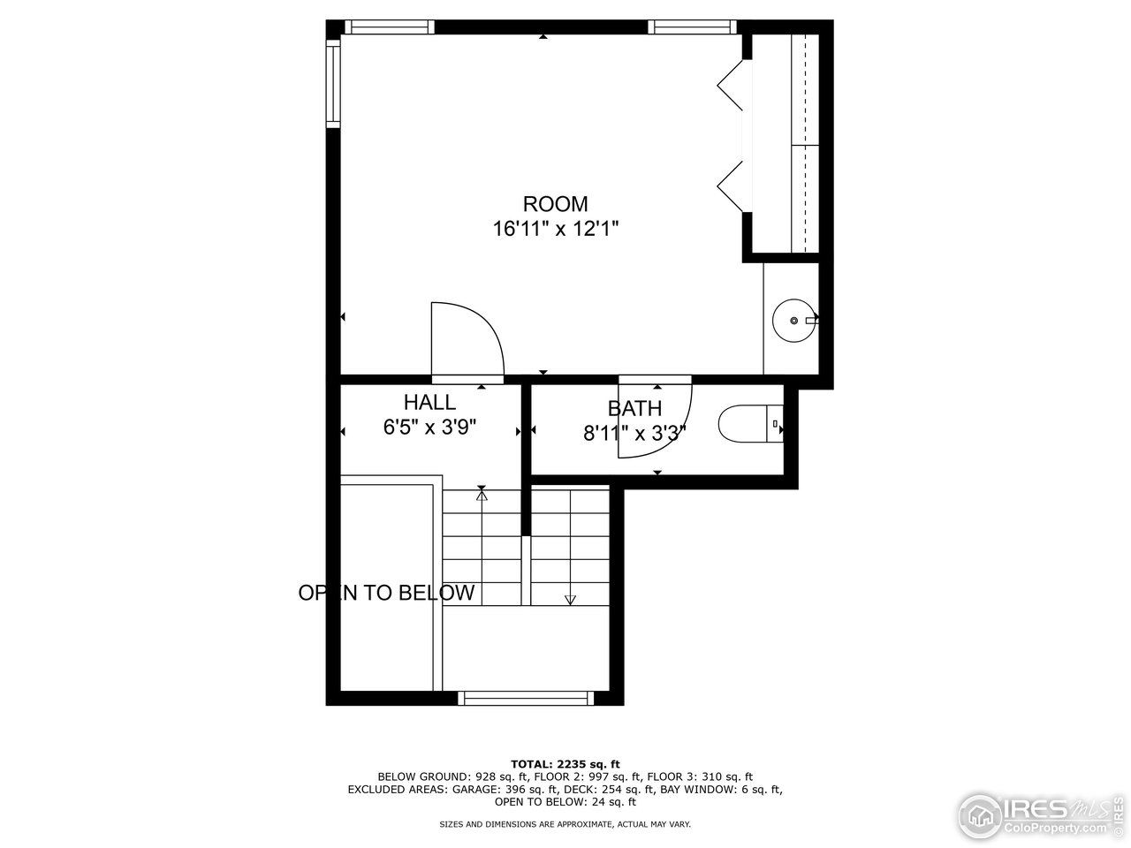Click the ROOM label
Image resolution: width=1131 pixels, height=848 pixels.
[x=555, y=204]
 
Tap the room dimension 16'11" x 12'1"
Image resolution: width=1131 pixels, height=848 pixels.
[x=555, y=229]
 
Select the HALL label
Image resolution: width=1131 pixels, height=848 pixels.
[x=430, y=403]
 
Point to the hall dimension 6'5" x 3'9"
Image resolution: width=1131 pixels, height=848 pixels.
[x=430, y=428]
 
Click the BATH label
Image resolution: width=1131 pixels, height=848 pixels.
[x=634, y=408]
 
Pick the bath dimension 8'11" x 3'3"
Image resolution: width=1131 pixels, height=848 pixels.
[x=634, y=433]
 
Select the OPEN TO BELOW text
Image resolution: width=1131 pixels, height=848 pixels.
[x=386, y=593]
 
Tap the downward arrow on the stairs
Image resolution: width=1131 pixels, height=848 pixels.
[x=570, y=599]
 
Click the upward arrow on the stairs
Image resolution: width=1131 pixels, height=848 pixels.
[x=482, y=496]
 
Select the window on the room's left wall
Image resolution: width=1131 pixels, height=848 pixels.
[x=333, y=84]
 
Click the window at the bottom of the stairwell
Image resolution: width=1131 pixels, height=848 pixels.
[x=526, y=698]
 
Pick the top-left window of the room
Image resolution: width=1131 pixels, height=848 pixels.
[x=389, y=26]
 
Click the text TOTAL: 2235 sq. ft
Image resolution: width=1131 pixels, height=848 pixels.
[x=565, y=764]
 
